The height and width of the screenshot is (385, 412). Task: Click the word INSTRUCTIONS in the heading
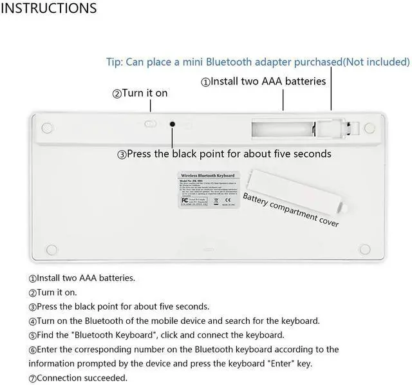[50, 8]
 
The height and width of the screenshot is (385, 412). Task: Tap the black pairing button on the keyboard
[173, 124]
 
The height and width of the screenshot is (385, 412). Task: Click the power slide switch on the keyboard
[149, 123]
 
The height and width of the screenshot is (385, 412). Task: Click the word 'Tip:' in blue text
[114, 62]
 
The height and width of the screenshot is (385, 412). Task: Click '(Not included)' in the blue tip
[376, 62]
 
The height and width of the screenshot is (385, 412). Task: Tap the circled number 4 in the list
[32, 321]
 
